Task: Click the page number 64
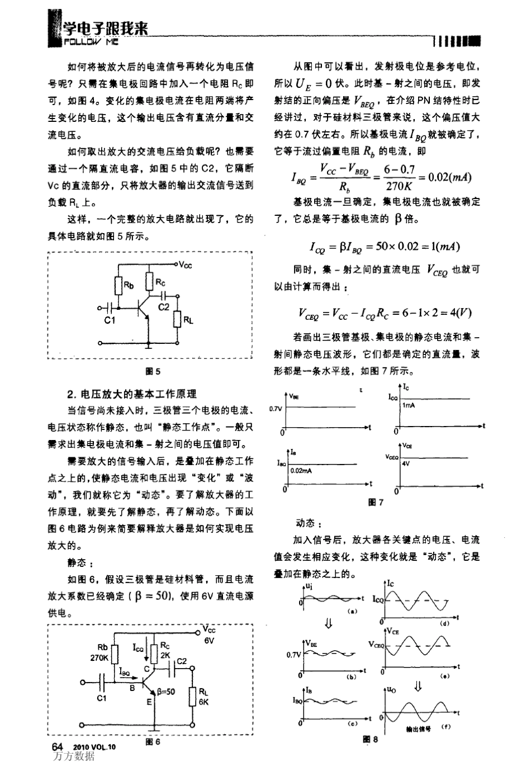[57, 747]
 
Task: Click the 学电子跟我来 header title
[106, 29]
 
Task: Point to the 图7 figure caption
[376, 502]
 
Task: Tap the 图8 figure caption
[371, 739]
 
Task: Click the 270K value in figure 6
[99, 658]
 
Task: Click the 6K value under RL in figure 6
[203, 702]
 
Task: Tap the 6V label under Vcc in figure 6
[209, 641]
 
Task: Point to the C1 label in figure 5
[110, 320]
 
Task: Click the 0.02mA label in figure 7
[301, 471]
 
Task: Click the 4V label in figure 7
[406, 464]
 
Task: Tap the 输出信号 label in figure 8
[419, 729]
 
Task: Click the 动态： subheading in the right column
[308, 523]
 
